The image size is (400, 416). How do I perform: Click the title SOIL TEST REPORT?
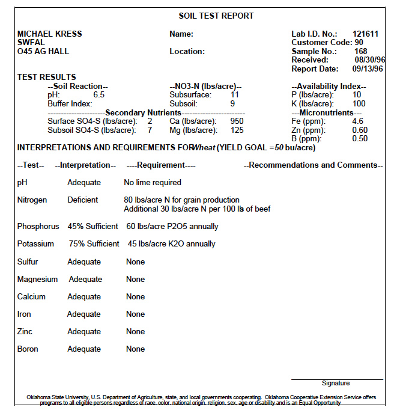216,16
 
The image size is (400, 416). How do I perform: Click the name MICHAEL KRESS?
50,34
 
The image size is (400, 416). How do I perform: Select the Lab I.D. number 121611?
365,34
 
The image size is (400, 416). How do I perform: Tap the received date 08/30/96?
370,60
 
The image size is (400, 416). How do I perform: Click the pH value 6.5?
99,95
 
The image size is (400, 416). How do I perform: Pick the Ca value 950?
237,121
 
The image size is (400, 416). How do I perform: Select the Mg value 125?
237,130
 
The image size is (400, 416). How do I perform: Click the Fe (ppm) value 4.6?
358,121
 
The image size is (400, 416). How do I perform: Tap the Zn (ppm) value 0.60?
360,130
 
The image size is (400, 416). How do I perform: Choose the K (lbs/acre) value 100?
359,104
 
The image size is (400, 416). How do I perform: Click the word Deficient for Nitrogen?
83,200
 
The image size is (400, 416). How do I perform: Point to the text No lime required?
153,182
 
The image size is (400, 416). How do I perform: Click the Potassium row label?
35,244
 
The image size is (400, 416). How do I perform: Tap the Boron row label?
28,349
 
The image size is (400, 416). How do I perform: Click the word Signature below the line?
336,383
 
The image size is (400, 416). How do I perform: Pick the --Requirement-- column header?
162,165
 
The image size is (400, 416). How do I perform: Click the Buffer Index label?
70,104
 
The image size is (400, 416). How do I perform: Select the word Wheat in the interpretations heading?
203,148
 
